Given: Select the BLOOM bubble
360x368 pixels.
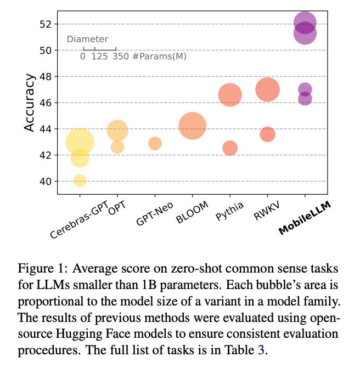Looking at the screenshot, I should [x=192, y=126].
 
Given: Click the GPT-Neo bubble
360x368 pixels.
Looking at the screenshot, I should [x=155, y=143].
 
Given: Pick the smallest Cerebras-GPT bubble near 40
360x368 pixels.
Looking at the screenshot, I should [x=80, y=180].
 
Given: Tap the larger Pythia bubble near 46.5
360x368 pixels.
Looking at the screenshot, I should [x=230, y=95].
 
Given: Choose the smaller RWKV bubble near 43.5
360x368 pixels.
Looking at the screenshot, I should [x=267, y=134].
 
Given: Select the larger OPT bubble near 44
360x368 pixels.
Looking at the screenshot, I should [x=117, y=131].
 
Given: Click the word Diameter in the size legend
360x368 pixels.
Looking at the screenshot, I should [x=87, y=39].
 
